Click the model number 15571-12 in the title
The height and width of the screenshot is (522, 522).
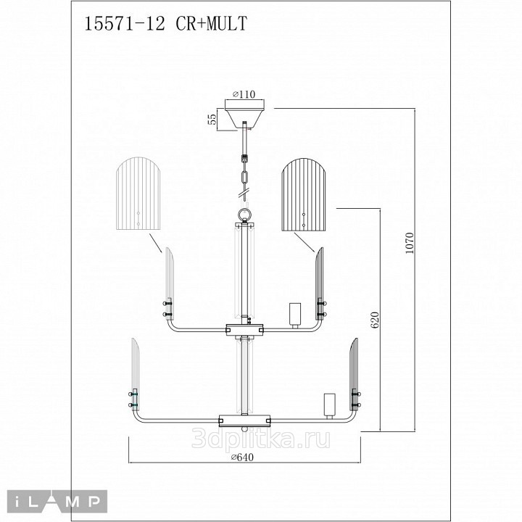(125, 24)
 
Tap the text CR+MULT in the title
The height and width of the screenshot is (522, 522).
(212, 24)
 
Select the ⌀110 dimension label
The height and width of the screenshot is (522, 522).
(244, 94)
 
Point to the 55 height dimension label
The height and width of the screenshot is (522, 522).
(212, 119)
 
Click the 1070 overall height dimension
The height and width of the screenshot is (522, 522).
(409, 243)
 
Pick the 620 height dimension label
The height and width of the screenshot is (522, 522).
(375, 320)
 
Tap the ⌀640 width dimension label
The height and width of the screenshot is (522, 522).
(242, 457)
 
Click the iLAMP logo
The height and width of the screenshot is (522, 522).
(57, 502)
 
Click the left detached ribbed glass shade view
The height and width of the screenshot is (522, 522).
(138, 194)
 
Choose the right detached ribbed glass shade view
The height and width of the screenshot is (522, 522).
(304, 194)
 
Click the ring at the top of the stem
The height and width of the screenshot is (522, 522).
(245, 213)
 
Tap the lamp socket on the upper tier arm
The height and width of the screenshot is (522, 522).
(294, 315)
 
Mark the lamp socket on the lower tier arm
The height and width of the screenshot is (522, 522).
(330, 406)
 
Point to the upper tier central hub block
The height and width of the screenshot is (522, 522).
(245, 330)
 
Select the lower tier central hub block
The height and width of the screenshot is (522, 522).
(245, 420)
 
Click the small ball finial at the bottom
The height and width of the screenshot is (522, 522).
(245, 429)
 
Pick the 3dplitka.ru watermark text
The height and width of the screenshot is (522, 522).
(261, 438)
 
